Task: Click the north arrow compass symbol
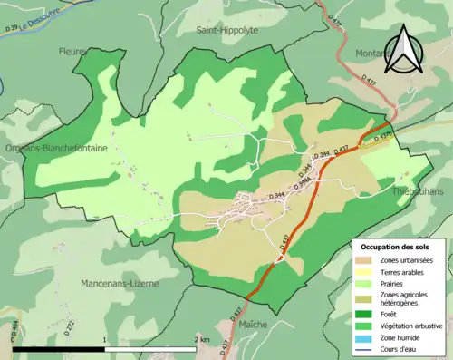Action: pyautogui.click(x=403, y=49)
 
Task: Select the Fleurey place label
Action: pyautogui.click(x=72, y=52)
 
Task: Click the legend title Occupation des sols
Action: pyautogui.click(x=395, y=246)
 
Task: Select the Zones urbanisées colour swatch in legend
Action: pyautogui.click(x=361, y=260)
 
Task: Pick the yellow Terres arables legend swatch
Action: pyautogui.click(x=361, y=271)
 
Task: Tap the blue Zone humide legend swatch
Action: pyautogui.click(x=361, y=336)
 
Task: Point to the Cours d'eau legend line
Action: pyautogui.click(x=361, y=347)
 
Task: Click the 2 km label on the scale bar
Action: pyautogui.click(x=201, y=339)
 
